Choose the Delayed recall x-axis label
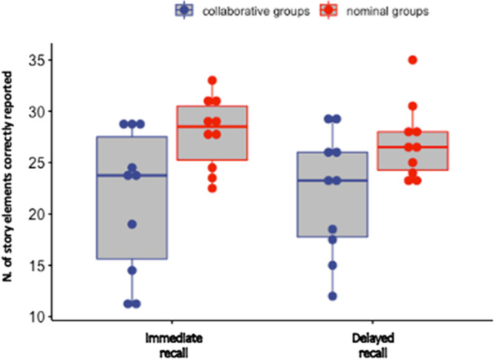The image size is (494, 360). (x=373, y=343)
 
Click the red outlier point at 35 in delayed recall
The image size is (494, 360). (x=413, y=60)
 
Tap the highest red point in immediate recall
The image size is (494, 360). (x=212, y=81)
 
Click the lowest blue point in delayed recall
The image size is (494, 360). (x=332, y=296)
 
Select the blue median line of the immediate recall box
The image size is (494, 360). (x=132, y=175)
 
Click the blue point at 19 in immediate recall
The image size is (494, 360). (x=132, y=224)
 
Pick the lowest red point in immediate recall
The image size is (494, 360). (x=212, y=188)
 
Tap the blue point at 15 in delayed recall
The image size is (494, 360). (x=332, y=266)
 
